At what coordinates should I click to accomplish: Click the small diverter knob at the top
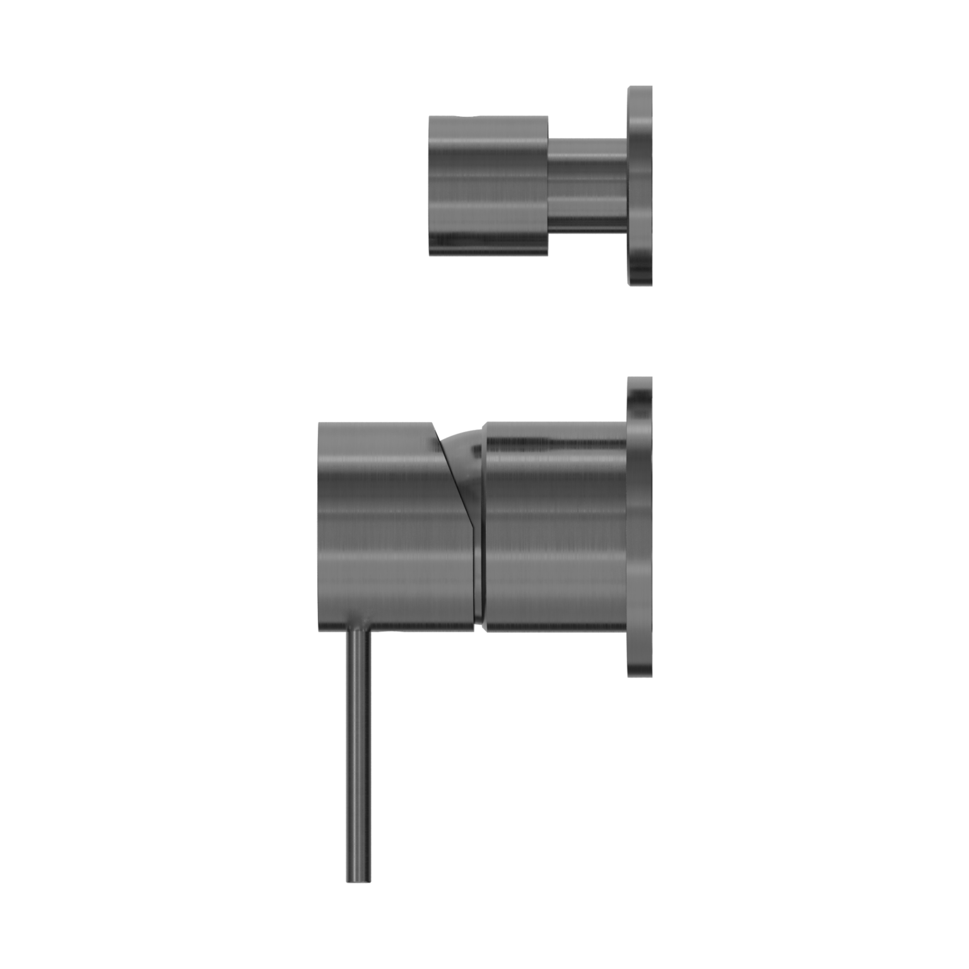(x=488, y=185)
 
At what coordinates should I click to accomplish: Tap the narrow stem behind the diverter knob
(x=587, y=185)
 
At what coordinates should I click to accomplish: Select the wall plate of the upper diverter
(x=640, y=185)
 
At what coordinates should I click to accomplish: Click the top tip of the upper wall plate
(x=640, y=88)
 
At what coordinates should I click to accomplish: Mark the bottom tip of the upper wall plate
(x=640, y=284)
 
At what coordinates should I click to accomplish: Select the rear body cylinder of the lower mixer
(x=555, y=527)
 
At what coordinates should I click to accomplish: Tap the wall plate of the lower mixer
(x=640, y=527)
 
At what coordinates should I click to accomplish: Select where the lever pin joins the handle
(x=358, y=631)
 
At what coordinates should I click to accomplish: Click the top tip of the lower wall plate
(x=640, y=379)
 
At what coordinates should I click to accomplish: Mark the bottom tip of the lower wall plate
(x=640, y=676)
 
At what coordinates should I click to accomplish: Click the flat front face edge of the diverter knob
(x=430, y=185)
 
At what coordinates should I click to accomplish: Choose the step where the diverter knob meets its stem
(x=548, y=185)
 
